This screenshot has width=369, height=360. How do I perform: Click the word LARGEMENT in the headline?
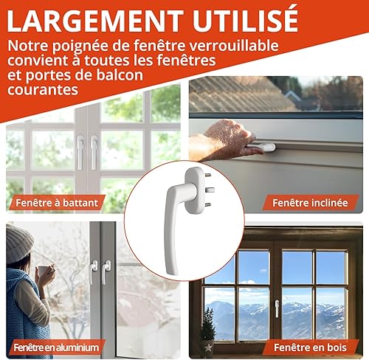94,21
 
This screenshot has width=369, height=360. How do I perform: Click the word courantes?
43,90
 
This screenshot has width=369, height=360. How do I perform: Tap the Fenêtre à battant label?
57,203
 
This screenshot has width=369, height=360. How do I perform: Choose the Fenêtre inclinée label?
310,203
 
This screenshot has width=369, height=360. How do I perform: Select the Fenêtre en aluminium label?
56,347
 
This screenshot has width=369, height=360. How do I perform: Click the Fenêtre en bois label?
310,347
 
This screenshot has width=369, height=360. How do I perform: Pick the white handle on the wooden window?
277,308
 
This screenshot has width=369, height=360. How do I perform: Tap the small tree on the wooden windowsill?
208,324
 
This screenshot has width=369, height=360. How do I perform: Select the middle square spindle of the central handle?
210,190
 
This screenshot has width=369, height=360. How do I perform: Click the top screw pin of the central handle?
208,175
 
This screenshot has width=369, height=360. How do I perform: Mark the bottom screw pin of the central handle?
208,204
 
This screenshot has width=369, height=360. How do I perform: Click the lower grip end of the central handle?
171,268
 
